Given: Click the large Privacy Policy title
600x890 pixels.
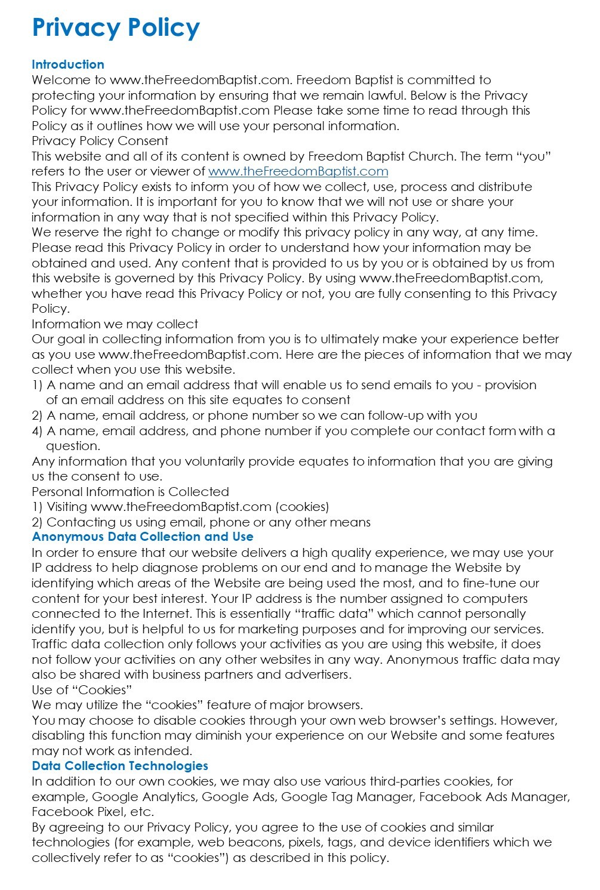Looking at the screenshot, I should tap(116, 28).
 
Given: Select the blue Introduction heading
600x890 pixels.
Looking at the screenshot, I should tap(68, 64).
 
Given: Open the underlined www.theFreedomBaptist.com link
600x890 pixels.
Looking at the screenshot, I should tap(298, 172).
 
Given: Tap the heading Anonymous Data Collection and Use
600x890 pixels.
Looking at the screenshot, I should tap(143, 537).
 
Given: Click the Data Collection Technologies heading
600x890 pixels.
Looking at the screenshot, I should tap(120, 766).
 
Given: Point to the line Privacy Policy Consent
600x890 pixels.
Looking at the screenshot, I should tap(100, 141).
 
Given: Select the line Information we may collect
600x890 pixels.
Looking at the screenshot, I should tap(115, 324).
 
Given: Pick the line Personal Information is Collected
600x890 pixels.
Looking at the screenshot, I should tap(131, 492).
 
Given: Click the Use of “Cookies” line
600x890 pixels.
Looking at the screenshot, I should tap(82, 690).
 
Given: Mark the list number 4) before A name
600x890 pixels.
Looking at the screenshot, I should tap(37, 431).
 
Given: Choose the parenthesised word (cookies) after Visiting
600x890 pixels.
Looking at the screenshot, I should tap(302, 507).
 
